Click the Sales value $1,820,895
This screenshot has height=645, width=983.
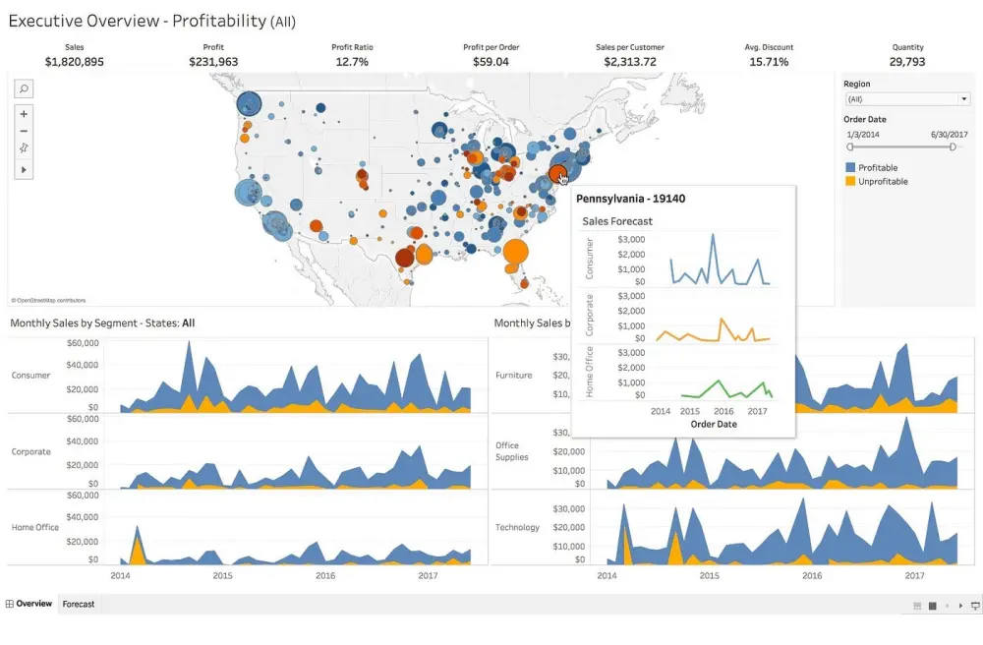click(x=75, y=62)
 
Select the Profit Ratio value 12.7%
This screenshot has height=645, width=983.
click(x=352, y=62)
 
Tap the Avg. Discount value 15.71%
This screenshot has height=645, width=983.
click(x=769, y=62)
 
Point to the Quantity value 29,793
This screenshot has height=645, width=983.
click(x=907, y=62)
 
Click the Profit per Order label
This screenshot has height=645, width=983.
click(x=491, y=47)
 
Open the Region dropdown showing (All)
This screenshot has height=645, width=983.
click(x=907, y=99)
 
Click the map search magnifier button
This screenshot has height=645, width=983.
click(x=24, y=88)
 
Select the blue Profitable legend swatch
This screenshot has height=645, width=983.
click(x=850, y=168)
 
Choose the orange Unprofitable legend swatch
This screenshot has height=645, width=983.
click(x=850, y=182)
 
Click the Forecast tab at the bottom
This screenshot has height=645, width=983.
click(x=79, y=604)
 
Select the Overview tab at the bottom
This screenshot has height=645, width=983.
click(x=33, y=604)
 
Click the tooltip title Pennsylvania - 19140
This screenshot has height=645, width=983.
click(x=630, y=199)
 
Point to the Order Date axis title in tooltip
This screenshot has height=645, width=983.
click(x=715, y=425)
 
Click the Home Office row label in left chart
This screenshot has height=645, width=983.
click(x=35, y=528)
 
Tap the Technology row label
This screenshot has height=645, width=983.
click(x=517, y=528)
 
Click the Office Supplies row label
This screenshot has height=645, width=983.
click(x=512, y=451)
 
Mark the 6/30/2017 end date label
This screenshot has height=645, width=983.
click(x=951, y=134)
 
